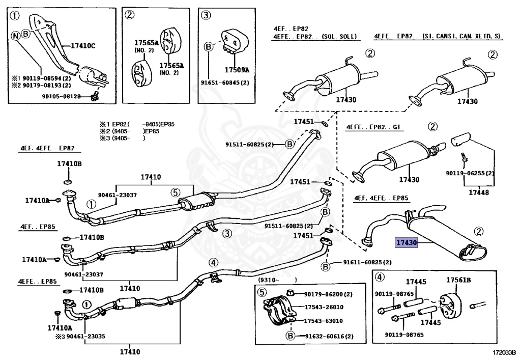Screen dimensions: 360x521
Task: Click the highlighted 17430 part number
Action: point(407,243)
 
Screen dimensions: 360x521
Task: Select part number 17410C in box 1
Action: point(82,46)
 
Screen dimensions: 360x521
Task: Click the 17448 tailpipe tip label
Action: point(477,192)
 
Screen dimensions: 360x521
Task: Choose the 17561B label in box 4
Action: point(458,281)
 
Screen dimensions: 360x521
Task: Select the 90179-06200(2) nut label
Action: point(328,294)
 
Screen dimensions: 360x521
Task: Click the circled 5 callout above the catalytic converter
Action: point(175,192)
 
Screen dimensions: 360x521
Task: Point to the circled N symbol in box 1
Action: point(15,36)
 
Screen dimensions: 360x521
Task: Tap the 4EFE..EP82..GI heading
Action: point(372,126)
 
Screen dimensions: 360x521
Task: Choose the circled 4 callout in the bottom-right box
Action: point(379,278)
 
